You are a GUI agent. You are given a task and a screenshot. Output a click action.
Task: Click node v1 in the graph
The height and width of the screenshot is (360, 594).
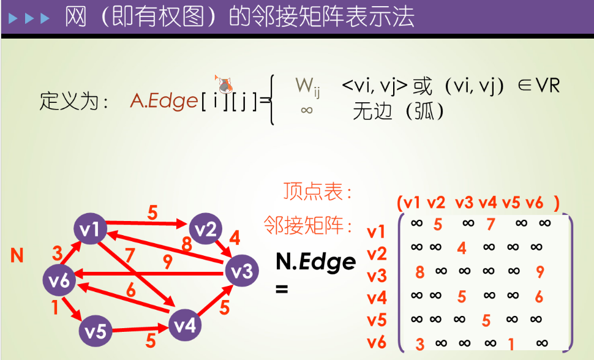pyautogui.click(x=90, y=230)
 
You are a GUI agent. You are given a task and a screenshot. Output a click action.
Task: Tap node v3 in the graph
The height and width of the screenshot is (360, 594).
pyautogui.click(x=241, y=270)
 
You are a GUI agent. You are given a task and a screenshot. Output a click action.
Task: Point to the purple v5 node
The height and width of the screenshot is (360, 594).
pyautogui.click(x=96, y=331)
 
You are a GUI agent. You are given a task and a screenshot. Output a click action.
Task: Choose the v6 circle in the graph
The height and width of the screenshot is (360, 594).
pyautogui.click(x=59, y=281)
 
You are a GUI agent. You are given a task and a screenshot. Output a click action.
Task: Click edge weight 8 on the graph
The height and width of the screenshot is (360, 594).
pyautogui.click(x=187, y=244)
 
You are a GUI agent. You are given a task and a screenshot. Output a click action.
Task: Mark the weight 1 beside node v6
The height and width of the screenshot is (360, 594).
pyautogui.click(x=55, y=307)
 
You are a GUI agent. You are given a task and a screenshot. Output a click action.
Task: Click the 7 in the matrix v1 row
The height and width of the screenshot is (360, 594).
pyautogui.click(x=491, y=225)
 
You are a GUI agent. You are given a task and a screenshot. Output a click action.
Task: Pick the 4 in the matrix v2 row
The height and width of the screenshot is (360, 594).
pyautogui.click(x=462, y=248)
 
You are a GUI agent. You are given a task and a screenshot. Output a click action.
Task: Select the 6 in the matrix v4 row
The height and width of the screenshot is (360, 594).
pyautogui.click(x=538, y=296)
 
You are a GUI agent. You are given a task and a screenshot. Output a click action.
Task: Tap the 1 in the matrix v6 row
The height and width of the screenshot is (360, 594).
pyautogui.click(x=511, y=344)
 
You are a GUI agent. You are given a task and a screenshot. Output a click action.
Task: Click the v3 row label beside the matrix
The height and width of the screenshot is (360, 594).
pyautogui.click(x=377, y=276)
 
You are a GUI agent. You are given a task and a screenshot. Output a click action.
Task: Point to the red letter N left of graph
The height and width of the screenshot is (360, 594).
pyautogui.click(x=17, y=255)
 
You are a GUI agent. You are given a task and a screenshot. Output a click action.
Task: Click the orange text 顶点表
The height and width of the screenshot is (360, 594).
pyautogui.click(x=318, y=192)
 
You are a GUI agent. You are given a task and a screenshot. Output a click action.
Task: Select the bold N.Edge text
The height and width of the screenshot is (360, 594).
pyautogui.click(x=315, y=261)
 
